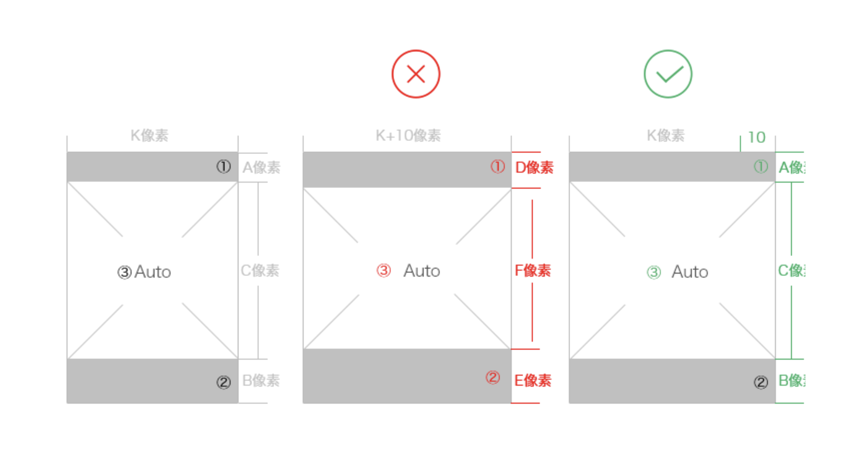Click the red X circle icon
point(415,74)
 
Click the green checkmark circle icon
point(667,74)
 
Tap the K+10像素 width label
point(408,135)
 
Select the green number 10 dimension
point(756,138)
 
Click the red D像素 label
point(534,167)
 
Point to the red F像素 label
point(532,270)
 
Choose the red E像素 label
point(532,380)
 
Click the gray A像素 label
point(261,167)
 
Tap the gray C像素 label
point(260,270)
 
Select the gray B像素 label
point(261,380)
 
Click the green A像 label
point(791,167)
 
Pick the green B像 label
point(791,380)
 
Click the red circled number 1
point(498,166)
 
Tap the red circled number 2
point(493,377)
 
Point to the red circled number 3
point(383,270)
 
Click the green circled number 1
point(761,166)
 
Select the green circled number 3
point(654,272)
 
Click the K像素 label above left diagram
point(149,135)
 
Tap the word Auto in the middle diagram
point(422,271)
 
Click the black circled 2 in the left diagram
point(223,382)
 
